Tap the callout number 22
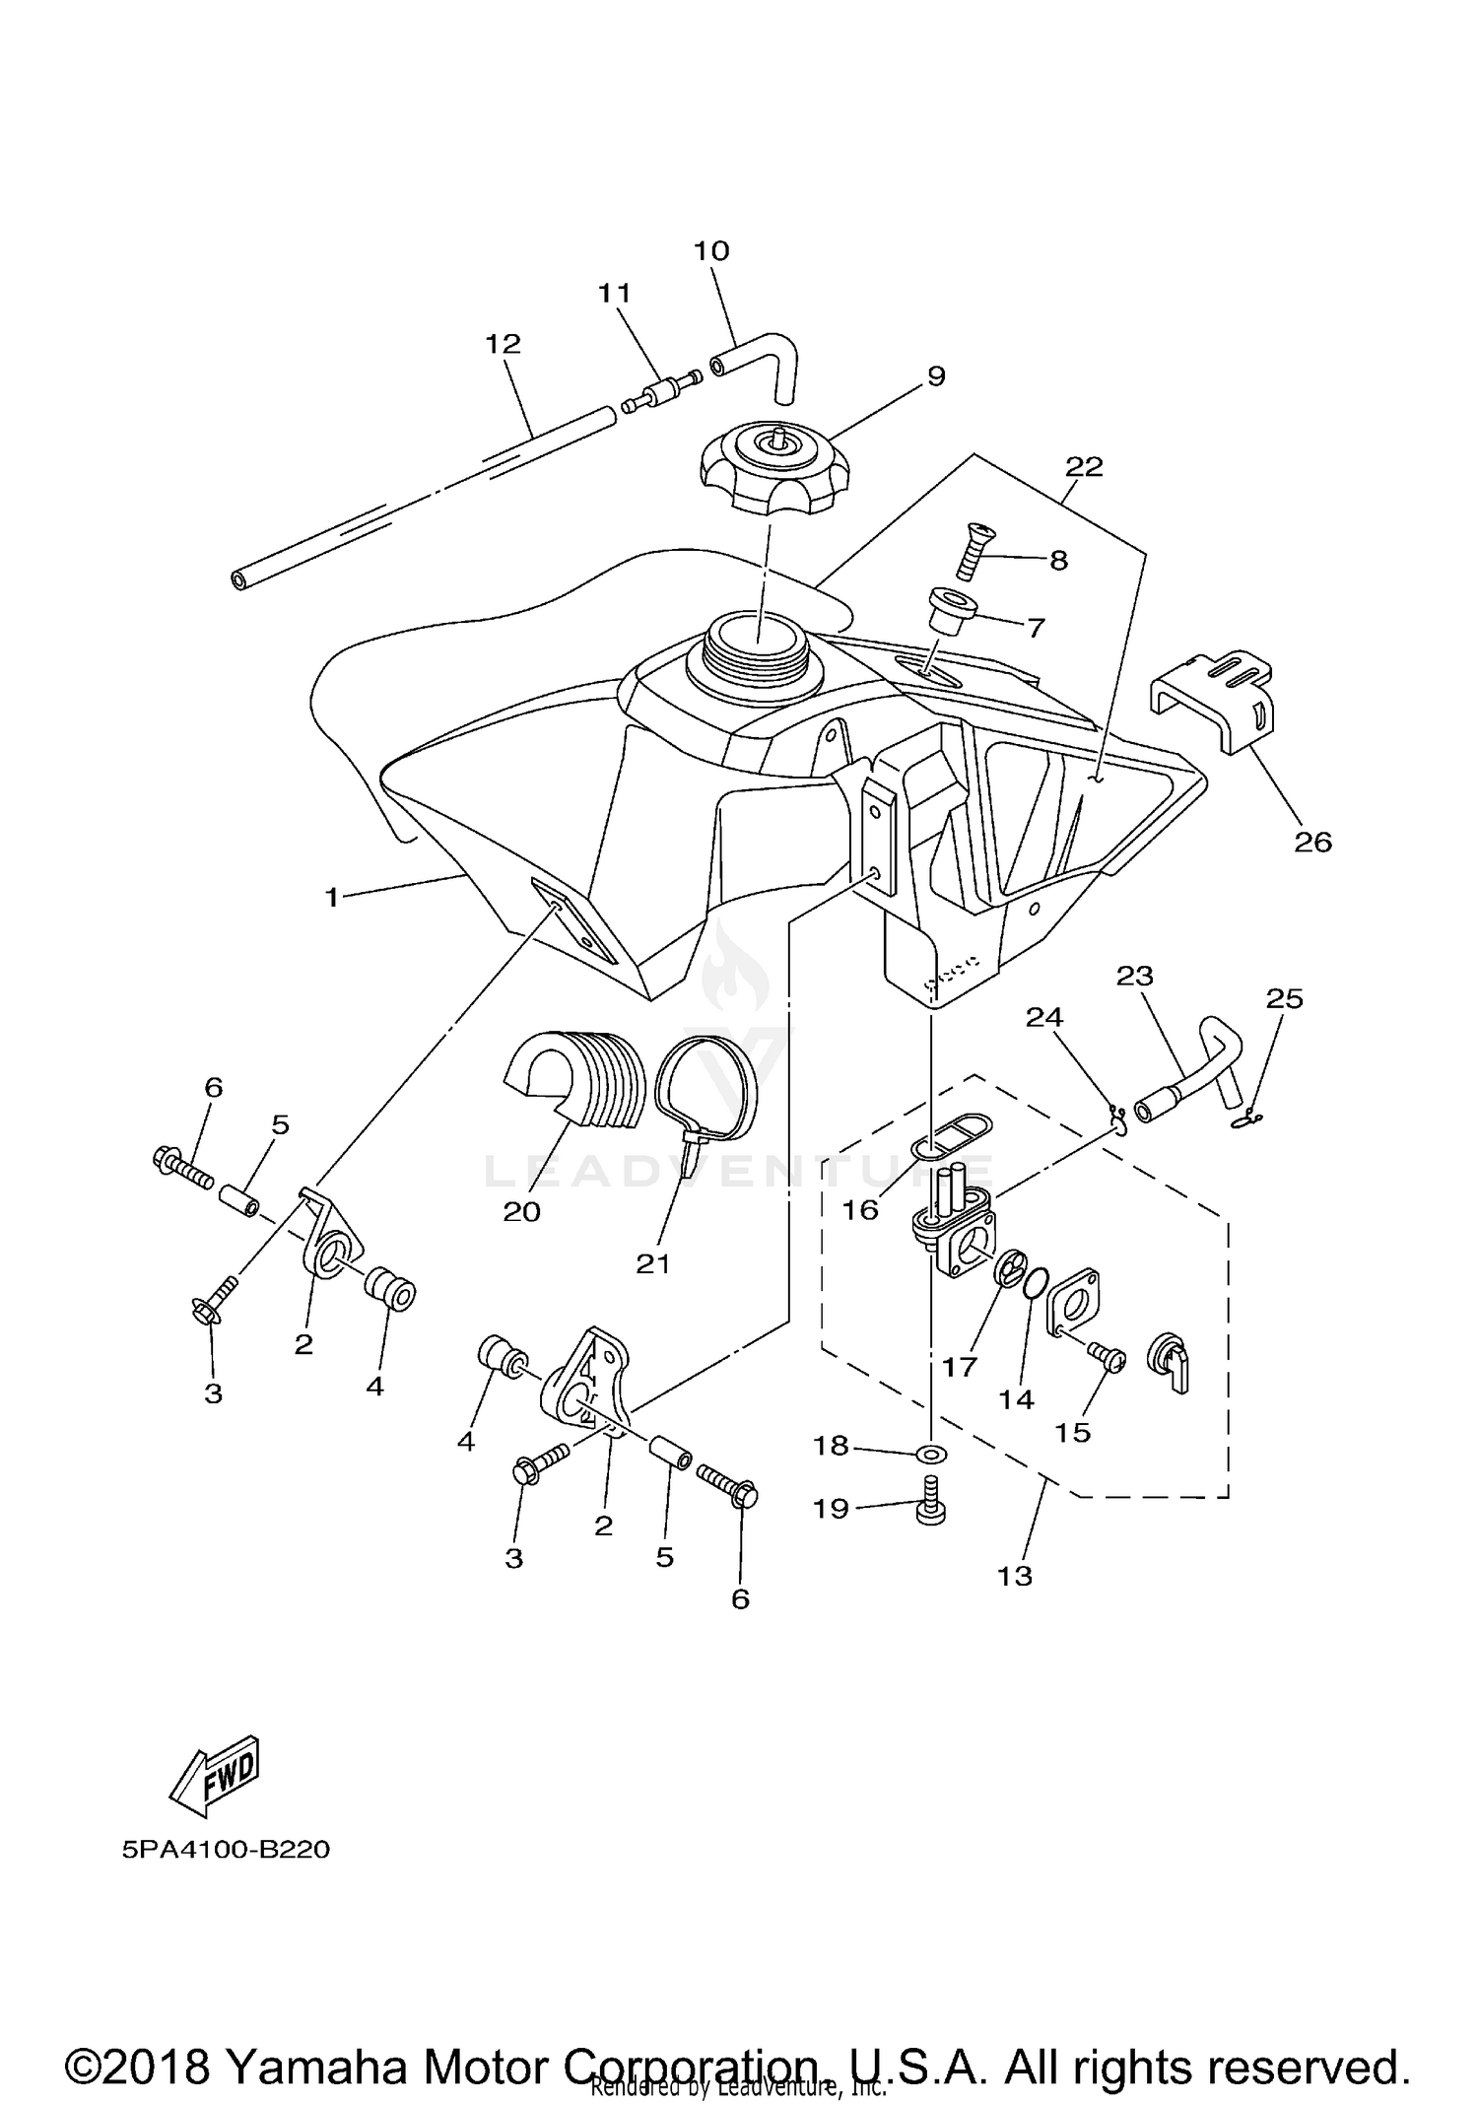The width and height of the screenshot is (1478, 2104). [x=1084, y=466]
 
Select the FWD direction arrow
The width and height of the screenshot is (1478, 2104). [x=215, y=1776]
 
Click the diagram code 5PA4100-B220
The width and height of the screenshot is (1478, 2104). [x=226, y=1850]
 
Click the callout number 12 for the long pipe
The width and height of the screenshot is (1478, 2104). [x=503, y=344]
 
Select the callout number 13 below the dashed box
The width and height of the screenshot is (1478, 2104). [x=1014, y=1576]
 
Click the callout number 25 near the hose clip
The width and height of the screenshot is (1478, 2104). [x=1284, y=998]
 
